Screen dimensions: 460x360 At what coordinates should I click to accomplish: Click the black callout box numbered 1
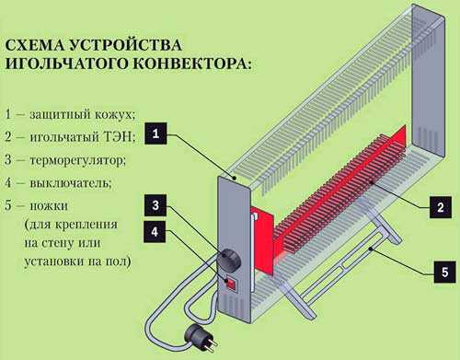coord(155,134)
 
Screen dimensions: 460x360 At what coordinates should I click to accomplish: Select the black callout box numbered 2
coord(441,207)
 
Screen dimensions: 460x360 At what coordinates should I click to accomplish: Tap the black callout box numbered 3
coord(155,205)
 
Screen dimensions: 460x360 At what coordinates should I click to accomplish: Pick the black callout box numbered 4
coord(155,231)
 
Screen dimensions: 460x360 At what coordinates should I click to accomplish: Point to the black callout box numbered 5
coord(444,272)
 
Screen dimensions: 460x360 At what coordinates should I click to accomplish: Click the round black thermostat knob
coord(229,260)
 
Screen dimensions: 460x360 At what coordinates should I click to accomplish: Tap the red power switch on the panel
coord(231,284)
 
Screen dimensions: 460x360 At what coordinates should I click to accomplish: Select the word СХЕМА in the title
coord(35,45)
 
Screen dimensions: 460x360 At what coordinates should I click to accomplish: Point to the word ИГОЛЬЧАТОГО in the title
coord(66,64)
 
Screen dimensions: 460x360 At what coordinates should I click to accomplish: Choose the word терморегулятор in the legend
coord(78,160)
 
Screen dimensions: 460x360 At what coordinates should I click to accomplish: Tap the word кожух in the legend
coord(115,115)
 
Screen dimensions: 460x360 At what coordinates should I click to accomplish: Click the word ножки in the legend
coord(49,205)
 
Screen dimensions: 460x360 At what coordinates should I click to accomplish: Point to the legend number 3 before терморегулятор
coord(8,159)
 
